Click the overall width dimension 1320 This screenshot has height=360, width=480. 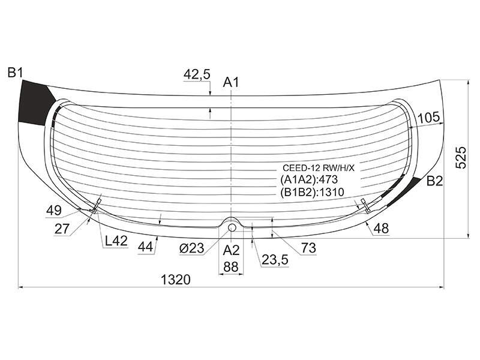pyautogui.click(x=176, y=280)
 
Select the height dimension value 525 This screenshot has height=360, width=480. pyautogui.click(x=461, y=157)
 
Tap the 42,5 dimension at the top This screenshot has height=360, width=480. pyautogui.click(x=197, y=74)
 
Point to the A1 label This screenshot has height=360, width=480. pyautogui.click(x=231, y=82)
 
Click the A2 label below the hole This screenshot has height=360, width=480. pyautogui.click(x=231, y=250)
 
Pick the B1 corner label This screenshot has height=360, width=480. pyautogui.click(x=16, y=73)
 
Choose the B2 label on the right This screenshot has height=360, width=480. pyautogui.click(x=434, y=181)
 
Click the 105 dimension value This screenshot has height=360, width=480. pyautogui.click(x=428, y=118)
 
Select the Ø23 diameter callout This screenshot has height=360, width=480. pyautogui.click(x=191, y=248)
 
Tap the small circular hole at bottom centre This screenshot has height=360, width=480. pyautogui.click(x=232, y=227)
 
